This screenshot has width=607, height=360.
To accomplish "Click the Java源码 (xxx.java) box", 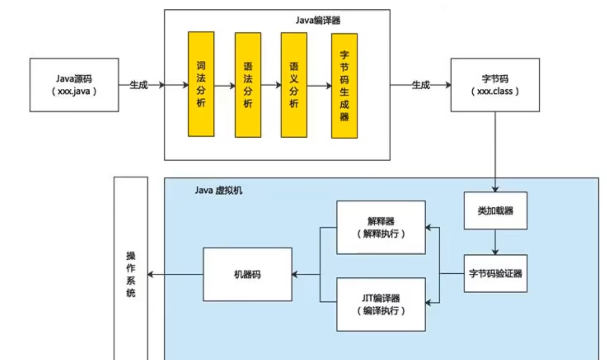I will [74, 85].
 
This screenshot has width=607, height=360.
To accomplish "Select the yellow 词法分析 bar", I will [201, 84].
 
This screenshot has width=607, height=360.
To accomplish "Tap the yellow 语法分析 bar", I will [248, 85].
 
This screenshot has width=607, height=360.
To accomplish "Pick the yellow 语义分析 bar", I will [294, 85].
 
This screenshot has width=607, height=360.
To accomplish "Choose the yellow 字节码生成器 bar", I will [344, 86].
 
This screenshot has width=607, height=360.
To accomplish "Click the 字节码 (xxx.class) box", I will [495, 85].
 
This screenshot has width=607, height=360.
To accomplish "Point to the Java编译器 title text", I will [318, 20].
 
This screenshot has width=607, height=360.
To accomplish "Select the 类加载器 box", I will [495, 211].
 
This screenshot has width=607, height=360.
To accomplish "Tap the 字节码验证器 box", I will [495, 273].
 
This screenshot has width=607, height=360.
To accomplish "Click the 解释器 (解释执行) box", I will [381, 227].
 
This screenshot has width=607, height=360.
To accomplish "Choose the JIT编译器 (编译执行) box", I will [381, 304].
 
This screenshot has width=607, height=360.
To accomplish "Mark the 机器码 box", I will [247, 274].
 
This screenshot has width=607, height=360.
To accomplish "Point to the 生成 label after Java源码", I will [139, 85].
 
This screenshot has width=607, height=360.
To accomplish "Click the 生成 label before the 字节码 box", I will [421, 85].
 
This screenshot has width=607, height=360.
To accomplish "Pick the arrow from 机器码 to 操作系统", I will [175, 275].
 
